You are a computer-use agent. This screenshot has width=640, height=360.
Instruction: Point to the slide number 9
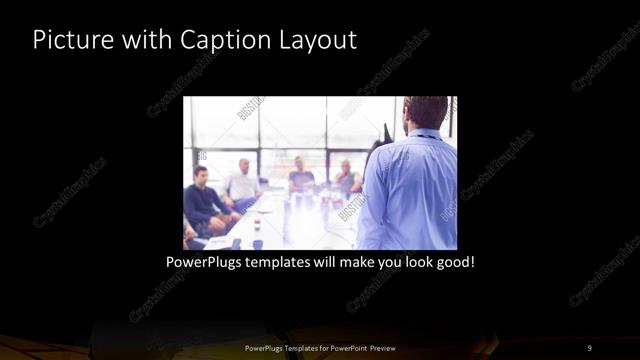pyautogui.click(x=589, y=347)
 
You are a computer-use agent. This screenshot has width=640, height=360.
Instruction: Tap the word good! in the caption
pyautogui.click(x=452, y=262)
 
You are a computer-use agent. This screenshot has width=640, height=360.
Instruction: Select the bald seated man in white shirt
pyautogui.click(x=243, y=181)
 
